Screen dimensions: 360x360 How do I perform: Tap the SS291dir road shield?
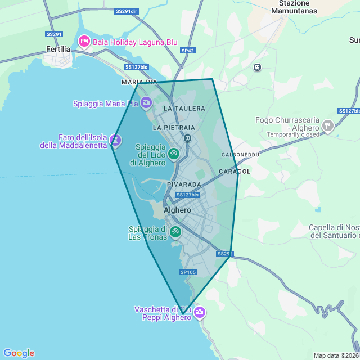pyautogui.click(x=126, y=11)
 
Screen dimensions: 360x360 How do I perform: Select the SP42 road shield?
pyautogui.click(x=188, y=51)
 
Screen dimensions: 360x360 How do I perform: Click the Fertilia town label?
pyautogui.click(x=58, y=49)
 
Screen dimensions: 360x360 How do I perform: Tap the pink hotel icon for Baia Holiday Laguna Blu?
pyautogui.click(x=84, y=42)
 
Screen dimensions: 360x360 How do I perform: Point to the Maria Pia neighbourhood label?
pyautogui.click(x=139, y=82)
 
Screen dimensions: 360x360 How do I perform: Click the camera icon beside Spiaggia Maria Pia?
pyautogui.click(x=146, y=102)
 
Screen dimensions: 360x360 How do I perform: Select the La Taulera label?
pyautogui.click(x=184, y=108)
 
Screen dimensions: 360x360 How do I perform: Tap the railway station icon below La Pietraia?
pyautogui.click(x=188, y=138)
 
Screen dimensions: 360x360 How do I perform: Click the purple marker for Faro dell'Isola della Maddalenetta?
pyautogui.click(x=115, y=138)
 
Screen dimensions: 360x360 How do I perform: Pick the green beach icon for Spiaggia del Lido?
pyautogui.click(x=174, y=153)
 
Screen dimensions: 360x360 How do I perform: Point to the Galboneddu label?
pyautogui.click(x=240, y=154)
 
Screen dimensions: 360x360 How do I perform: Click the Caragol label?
pyautogui.click(x=234, y=171)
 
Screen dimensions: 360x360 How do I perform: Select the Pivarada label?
pyautogui.click(x=184, y=184)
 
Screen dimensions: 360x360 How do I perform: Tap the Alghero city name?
pyautogui.click(x=177, y=210)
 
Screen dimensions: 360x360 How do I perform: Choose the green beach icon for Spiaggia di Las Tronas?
pyautogui.click(x=175, y=231)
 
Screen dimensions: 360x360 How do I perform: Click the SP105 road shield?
pyautogui.click(x=188, y=272)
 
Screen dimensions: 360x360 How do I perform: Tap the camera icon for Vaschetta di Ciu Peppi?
pyautogui.click(x=199, y=312)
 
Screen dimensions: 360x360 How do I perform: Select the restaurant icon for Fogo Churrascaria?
pyautogui.click(x=328, y=126)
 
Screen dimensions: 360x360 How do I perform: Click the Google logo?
pyautogui.click(x=19, y=353)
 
